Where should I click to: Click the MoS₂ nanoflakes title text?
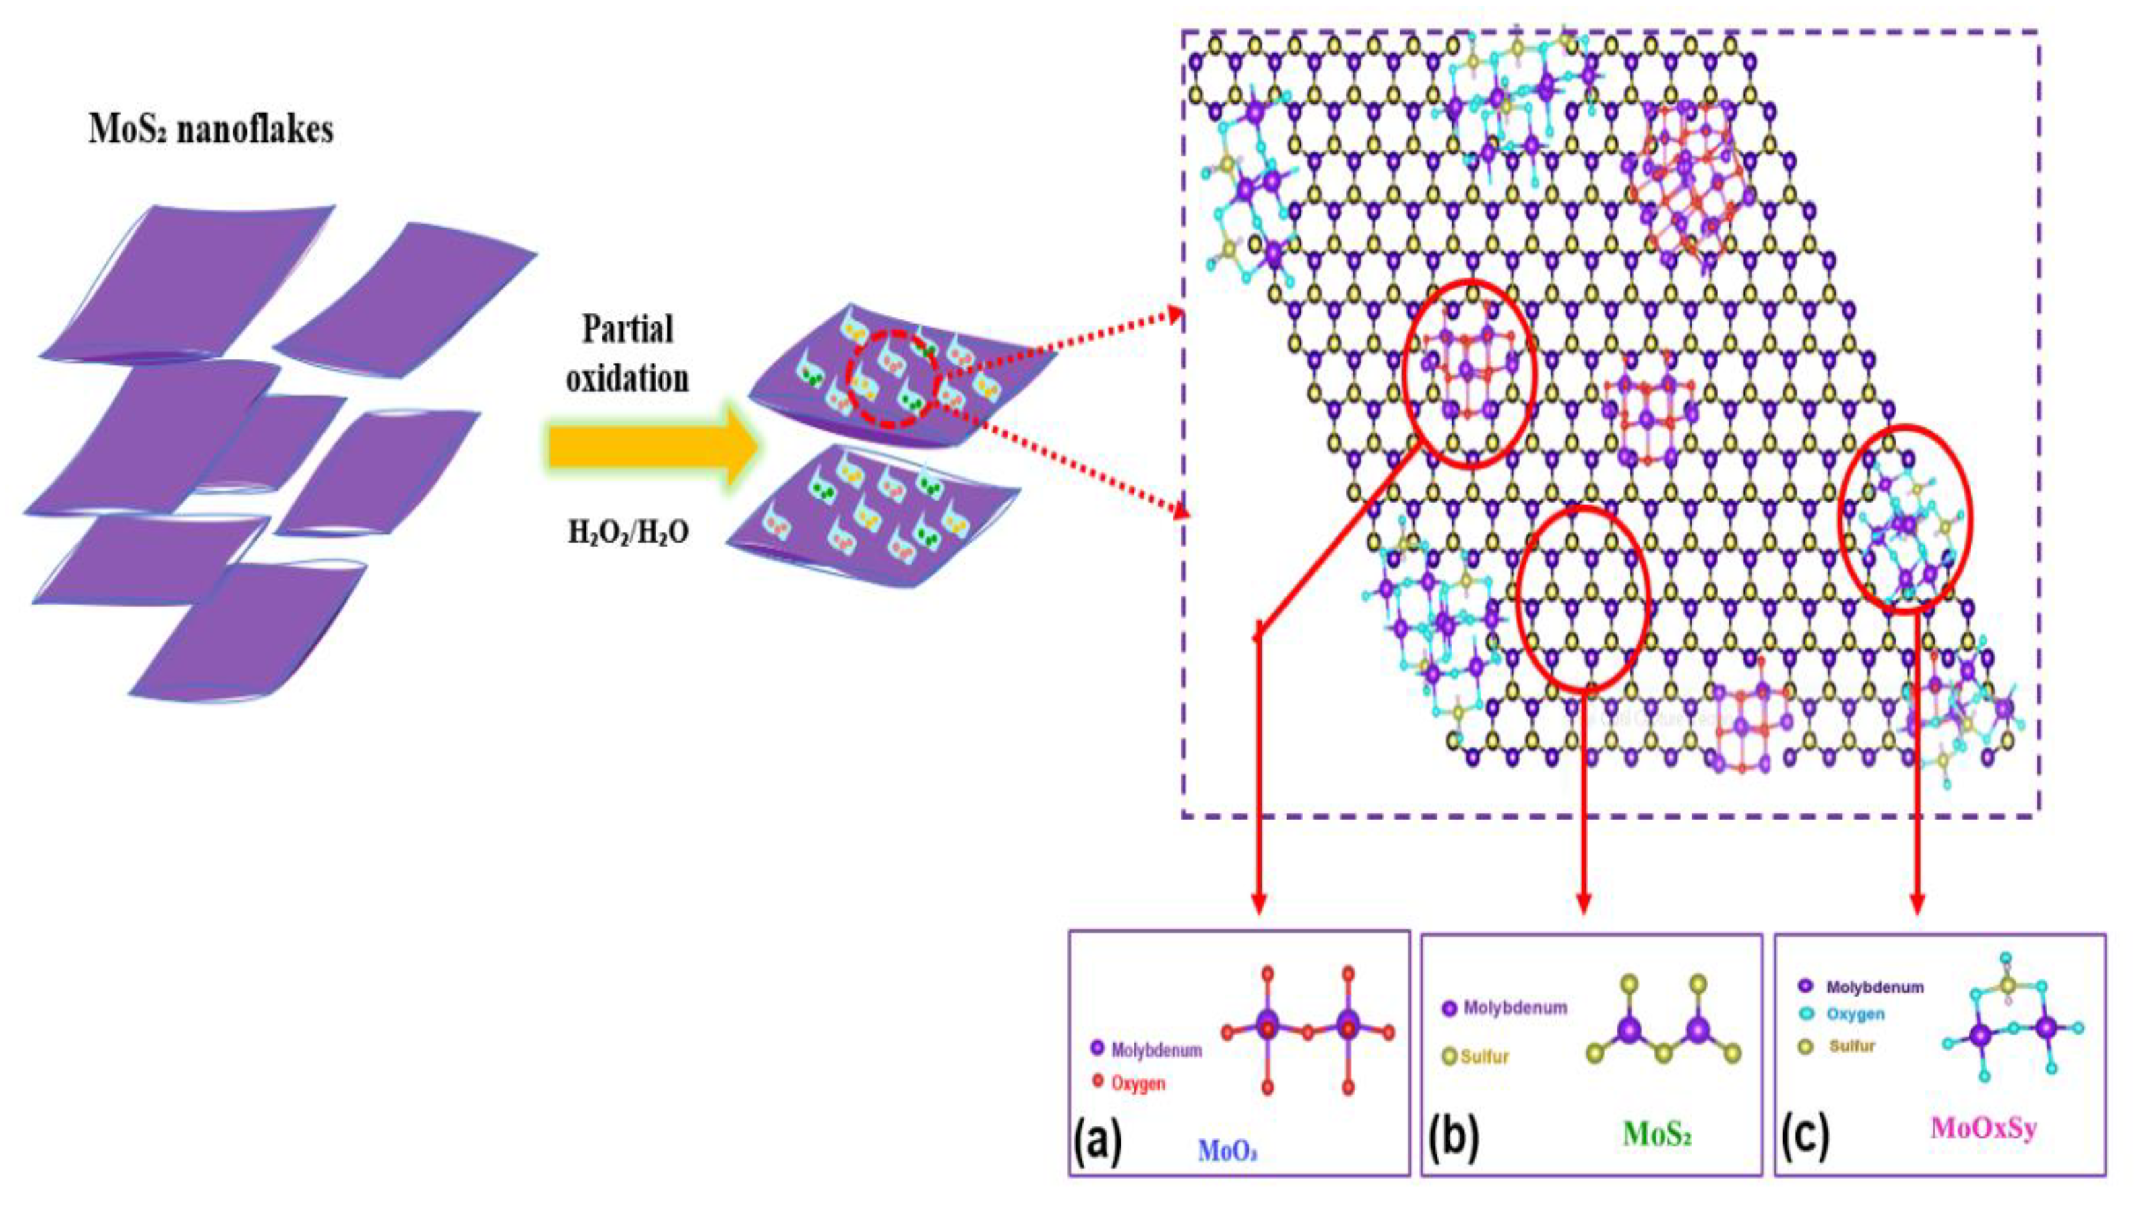[211, 130]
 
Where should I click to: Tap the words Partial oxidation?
[627, 354]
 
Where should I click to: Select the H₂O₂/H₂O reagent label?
[627, 531]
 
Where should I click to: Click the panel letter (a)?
[1097, 1140]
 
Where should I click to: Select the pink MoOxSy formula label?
[1983, 1128]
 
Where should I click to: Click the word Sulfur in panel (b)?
[1485, 1057]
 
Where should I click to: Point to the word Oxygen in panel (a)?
[1138, 1083]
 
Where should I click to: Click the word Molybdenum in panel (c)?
[1875, 987]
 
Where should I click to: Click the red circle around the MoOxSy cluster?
[1906, 518]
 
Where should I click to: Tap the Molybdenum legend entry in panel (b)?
[1514, 1008]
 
